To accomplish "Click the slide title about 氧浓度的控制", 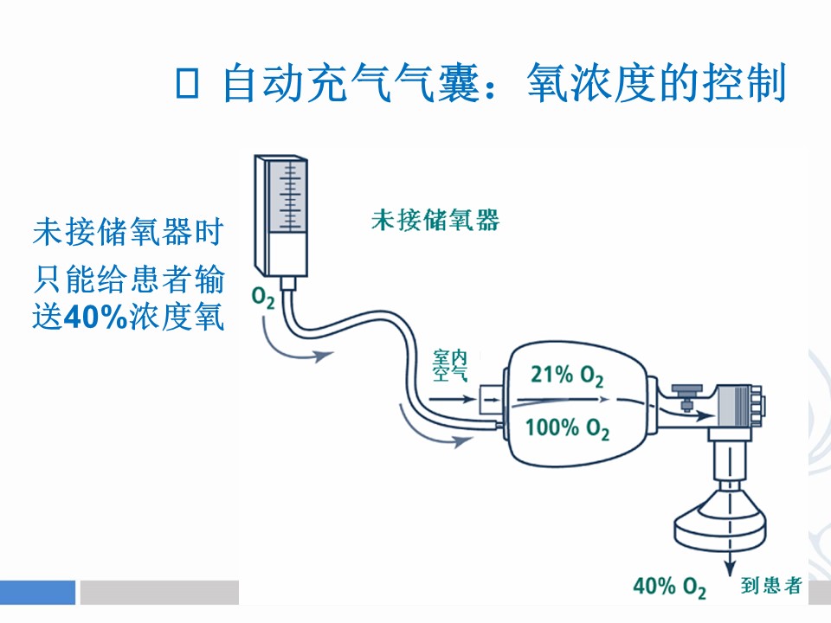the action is [505, 83].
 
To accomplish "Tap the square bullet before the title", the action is [188, 83].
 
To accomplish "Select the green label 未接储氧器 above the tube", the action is [435, 220].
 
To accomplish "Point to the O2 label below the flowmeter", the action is [263, 299].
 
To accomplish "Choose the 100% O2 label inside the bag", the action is [567, 427].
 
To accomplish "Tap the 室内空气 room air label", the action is [450, 366].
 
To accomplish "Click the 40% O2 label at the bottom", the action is [670, 587].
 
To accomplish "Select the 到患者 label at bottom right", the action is [770, 586].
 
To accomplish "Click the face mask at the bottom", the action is [720, 523].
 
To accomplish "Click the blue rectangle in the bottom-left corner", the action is [37, 592].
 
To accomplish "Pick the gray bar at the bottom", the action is [159, 592].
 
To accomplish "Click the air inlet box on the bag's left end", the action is [492, 400].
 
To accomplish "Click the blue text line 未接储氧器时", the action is [128, 232].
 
